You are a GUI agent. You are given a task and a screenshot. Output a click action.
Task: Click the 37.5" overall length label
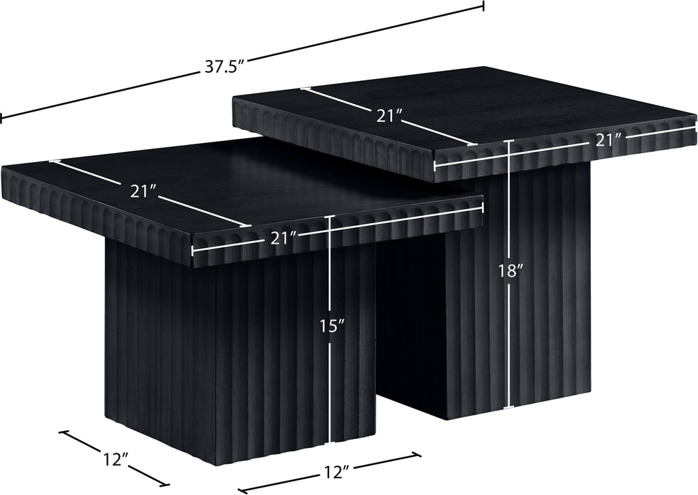[x=225, y=66]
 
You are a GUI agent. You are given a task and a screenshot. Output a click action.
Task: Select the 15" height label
[x=332, y=326]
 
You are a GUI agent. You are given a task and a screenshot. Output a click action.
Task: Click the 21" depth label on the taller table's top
[x=389, y=116]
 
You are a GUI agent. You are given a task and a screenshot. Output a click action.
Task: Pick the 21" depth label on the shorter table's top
[x=143, y=191]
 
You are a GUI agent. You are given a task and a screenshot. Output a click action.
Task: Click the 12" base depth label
[x=116, y=460]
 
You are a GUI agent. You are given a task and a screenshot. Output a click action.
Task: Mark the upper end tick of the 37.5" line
[x=483, y=5]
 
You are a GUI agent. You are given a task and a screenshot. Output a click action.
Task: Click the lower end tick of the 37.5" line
[x=1, y=118]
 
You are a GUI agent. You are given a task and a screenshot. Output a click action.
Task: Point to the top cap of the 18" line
[x=509, y=140]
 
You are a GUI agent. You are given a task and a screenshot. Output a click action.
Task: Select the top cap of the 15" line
[x=329, y=217]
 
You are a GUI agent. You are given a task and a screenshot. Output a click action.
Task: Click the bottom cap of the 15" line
[x=329, y=443]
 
